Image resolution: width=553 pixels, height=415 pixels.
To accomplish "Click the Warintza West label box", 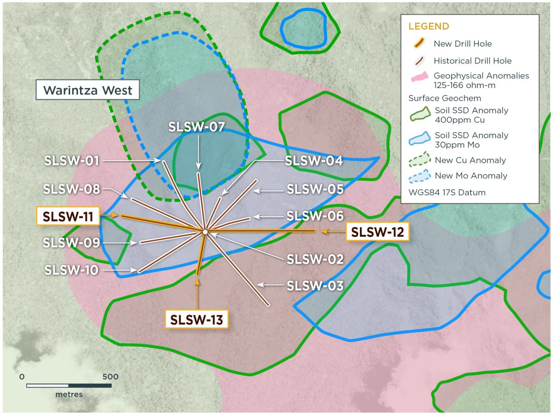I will point(88,90).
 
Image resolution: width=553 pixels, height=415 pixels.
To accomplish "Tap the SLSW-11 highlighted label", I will point(68,216).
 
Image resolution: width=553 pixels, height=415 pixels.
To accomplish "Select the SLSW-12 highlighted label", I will point(377,232).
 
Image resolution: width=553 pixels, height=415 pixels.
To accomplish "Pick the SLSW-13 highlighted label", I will point(197,319).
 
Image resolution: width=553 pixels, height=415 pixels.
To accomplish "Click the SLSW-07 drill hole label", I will point(196,127).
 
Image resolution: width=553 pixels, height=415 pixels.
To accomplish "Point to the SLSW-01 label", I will point(72,161).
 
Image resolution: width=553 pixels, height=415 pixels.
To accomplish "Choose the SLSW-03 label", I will point(315,285).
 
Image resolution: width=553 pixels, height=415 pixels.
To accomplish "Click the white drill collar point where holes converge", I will point(205,231).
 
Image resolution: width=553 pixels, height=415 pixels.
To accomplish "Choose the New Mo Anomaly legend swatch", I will point(419,176).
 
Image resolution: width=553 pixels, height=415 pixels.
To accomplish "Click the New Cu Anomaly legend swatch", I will point(419,160).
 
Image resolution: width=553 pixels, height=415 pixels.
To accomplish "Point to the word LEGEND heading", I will point(428,27).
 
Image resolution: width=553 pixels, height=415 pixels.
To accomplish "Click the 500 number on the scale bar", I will point(110,376).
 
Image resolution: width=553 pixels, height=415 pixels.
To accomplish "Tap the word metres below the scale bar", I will point(69,395).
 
